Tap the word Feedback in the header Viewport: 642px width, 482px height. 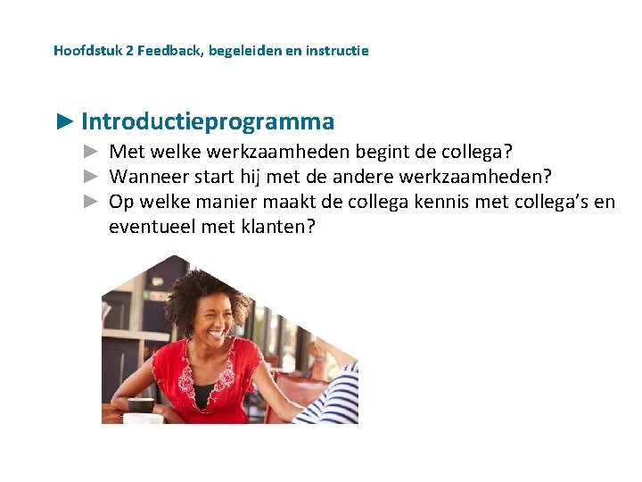pos(170,51)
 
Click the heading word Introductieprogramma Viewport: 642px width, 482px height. pos(208,121)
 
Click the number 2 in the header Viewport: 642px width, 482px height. pos(129,51)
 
